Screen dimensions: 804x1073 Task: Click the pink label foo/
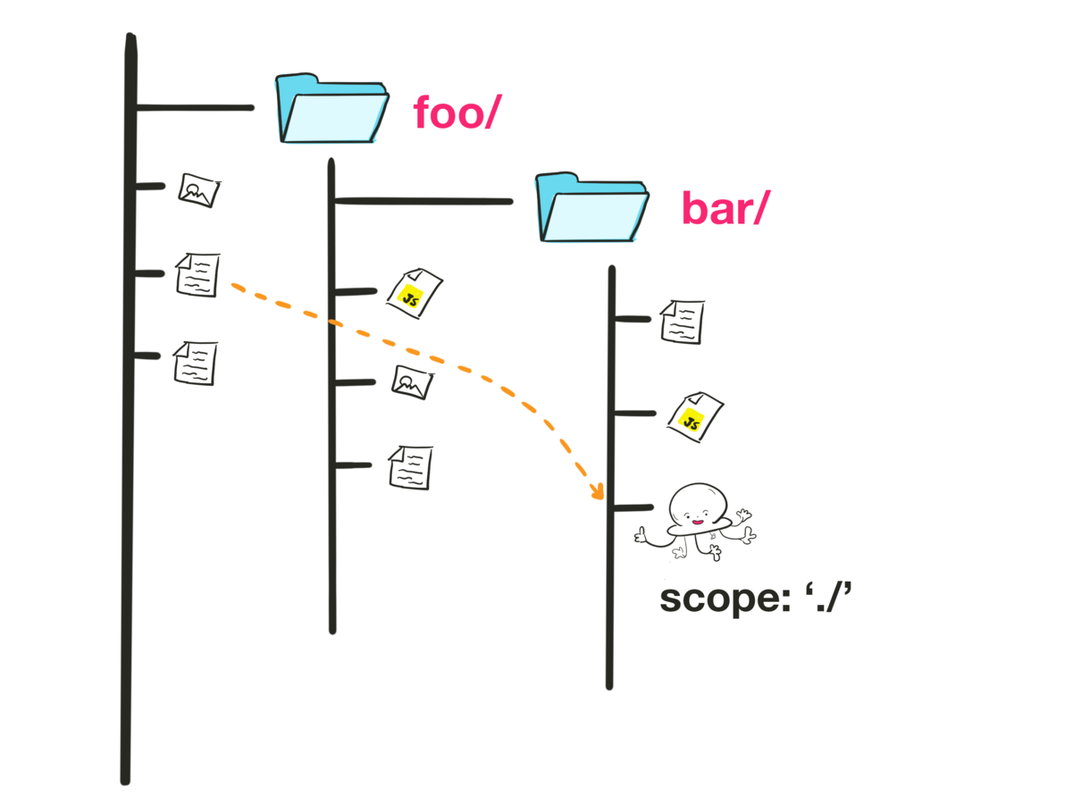453,115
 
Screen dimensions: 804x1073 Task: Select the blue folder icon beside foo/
331,109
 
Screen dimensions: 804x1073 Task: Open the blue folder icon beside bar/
592,207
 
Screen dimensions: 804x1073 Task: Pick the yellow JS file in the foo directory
414,293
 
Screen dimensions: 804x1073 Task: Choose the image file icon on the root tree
199,190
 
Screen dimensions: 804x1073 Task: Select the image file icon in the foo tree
412,382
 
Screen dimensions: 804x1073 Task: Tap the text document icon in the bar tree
682,322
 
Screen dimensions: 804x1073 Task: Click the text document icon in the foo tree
410,467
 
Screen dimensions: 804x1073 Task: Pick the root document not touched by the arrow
195,363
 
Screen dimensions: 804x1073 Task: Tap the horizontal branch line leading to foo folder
195,109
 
